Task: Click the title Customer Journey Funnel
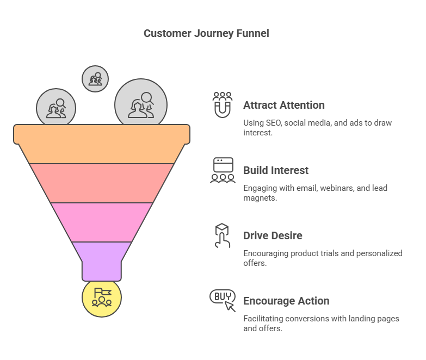206,33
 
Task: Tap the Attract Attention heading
283,105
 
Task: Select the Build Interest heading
276,170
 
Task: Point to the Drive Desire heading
273,235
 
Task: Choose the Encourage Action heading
286,301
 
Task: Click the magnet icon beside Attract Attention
222,104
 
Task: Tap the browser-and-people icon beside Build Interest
223,170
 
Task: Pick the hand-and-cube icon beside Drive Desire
221,235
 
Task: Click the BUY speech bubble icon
223,300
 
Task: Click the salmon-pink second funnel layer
102,183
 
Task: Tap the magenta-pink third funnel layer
102,221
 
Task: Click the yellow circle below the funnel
102,297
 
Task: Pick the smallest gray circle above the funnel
95,79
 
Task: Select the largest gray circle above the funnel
140,105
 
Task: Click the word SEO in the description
275,123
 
